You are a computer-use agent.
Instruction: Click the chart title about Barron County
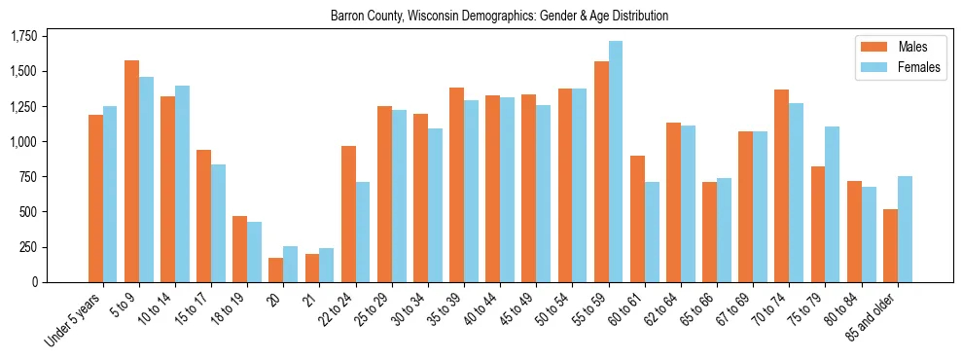coord(499,17)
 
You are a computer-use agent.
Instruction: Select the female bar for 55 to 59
coord(616,162)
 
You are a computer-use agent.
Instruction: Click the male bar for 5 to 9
coord(132,171)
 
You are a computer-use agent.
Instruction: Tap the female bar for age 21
coord(327,265)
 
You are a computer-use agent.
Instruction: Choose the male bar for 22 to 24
coord(348,214)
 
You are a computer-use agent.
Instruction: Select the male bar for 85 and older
coord(890,245)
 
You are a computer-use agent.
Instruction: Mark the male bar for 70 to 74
coord(782,186)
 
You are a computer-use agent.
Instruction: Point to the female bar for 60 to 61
coord(652,232)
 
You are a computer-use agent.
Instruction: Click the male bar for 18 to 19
coord(240,249)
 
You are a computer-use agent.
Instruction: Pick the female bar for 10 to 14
coord(182,184)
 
